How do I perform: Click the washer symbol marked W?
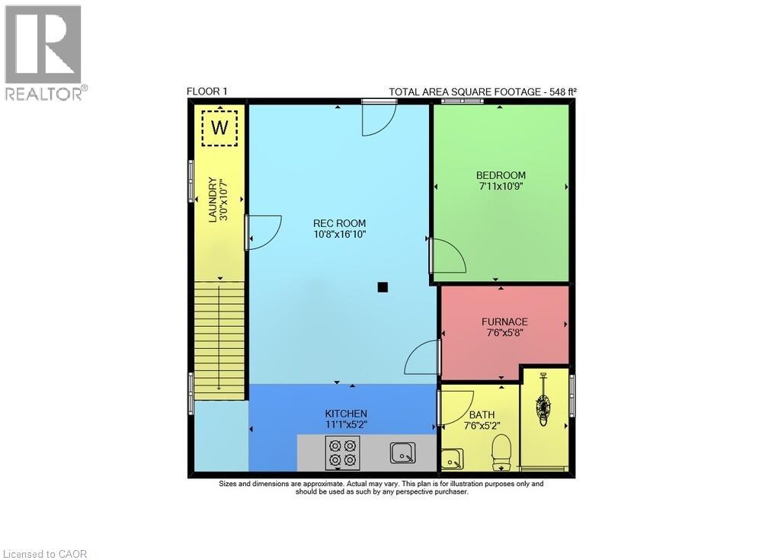[219, 127]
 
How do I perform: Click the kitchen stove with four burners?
[341, 452]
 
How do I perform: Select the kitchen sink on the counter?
[403, 453]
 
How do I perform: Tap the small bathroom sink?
[452, 459]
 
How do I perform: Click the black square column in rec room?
[383, 287]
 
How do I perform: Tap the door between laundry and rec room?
[262, 232]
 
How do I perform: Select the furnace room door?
[423, 357]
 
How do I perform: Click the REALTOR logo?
[44, 53]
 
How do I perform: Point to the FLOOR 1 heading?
[207, 91]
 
